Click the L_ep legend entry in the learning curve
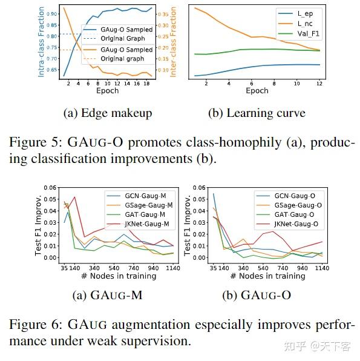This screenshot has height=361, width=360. (x=304, y=12)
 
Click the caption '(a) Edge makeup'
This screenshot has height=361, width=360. (x=107, y=113)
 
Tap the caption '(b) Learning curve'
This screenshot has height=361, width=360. (x=256, y=113)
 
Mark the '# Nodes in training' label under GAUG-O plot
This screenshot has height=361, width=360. (x=263, y=276)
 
